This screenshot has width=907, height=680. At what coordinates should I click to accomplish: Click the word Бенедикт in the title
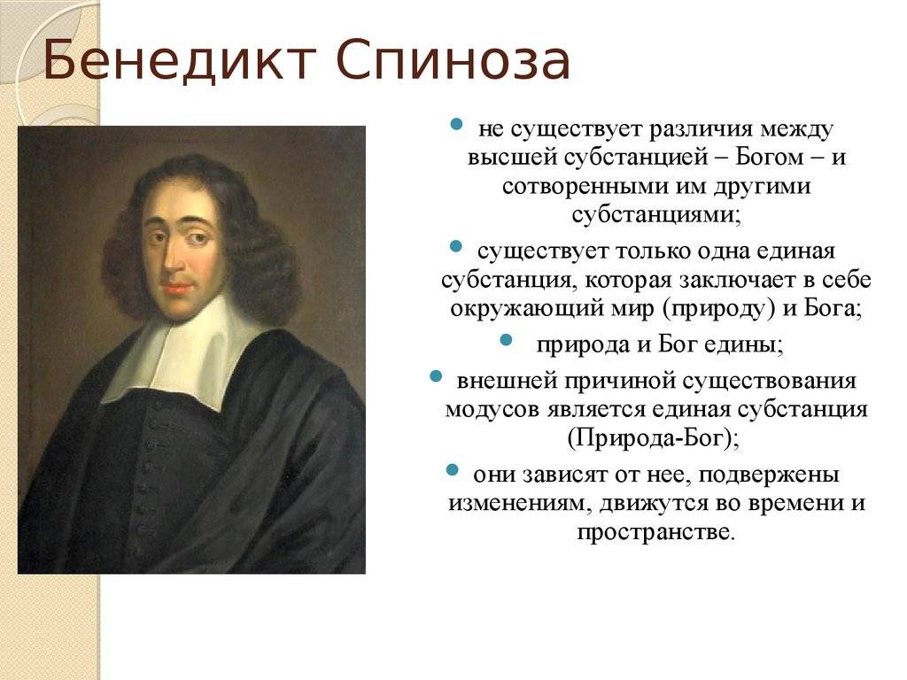click(x=179, y=59)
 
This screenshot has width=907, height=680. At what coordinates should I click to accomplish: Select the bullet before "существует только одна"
click(x=456, y=247)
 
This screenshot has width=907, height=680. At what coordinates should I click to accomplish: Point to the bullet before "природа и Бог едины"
click(x=506, y=340)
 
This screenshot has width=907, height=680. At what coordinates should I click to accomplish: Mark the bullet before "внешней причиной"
click(x=436, y=376)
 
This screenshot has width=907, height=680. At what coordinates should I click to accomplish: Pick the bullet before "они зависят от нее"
click(x=453, y=469)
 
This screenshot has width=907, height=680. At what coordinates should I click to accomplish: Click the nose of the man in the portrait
click(x=173, y=260)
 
